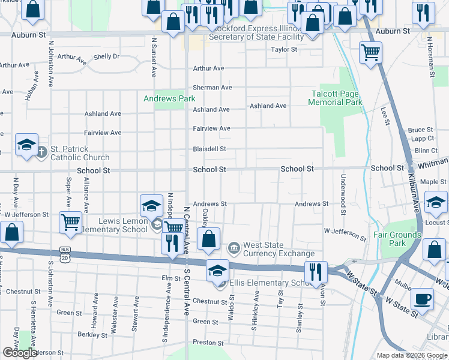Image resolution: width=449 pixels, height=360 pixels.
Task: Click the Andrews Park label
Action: [169, 98]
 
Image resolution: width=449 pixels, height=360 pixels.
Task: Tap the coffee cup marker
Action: [422, 298]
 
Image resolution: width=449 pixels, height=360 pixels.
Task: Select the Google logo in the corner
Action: [19, 353]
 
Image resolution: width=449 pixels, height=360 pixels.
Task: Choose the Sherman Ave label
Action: [212, 87]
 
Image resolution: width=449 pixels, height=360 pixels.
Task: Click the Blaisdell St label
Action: [209, 149]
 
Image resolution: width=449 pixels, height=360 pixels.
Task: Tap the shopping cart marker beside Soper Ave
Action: [70, 222]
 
